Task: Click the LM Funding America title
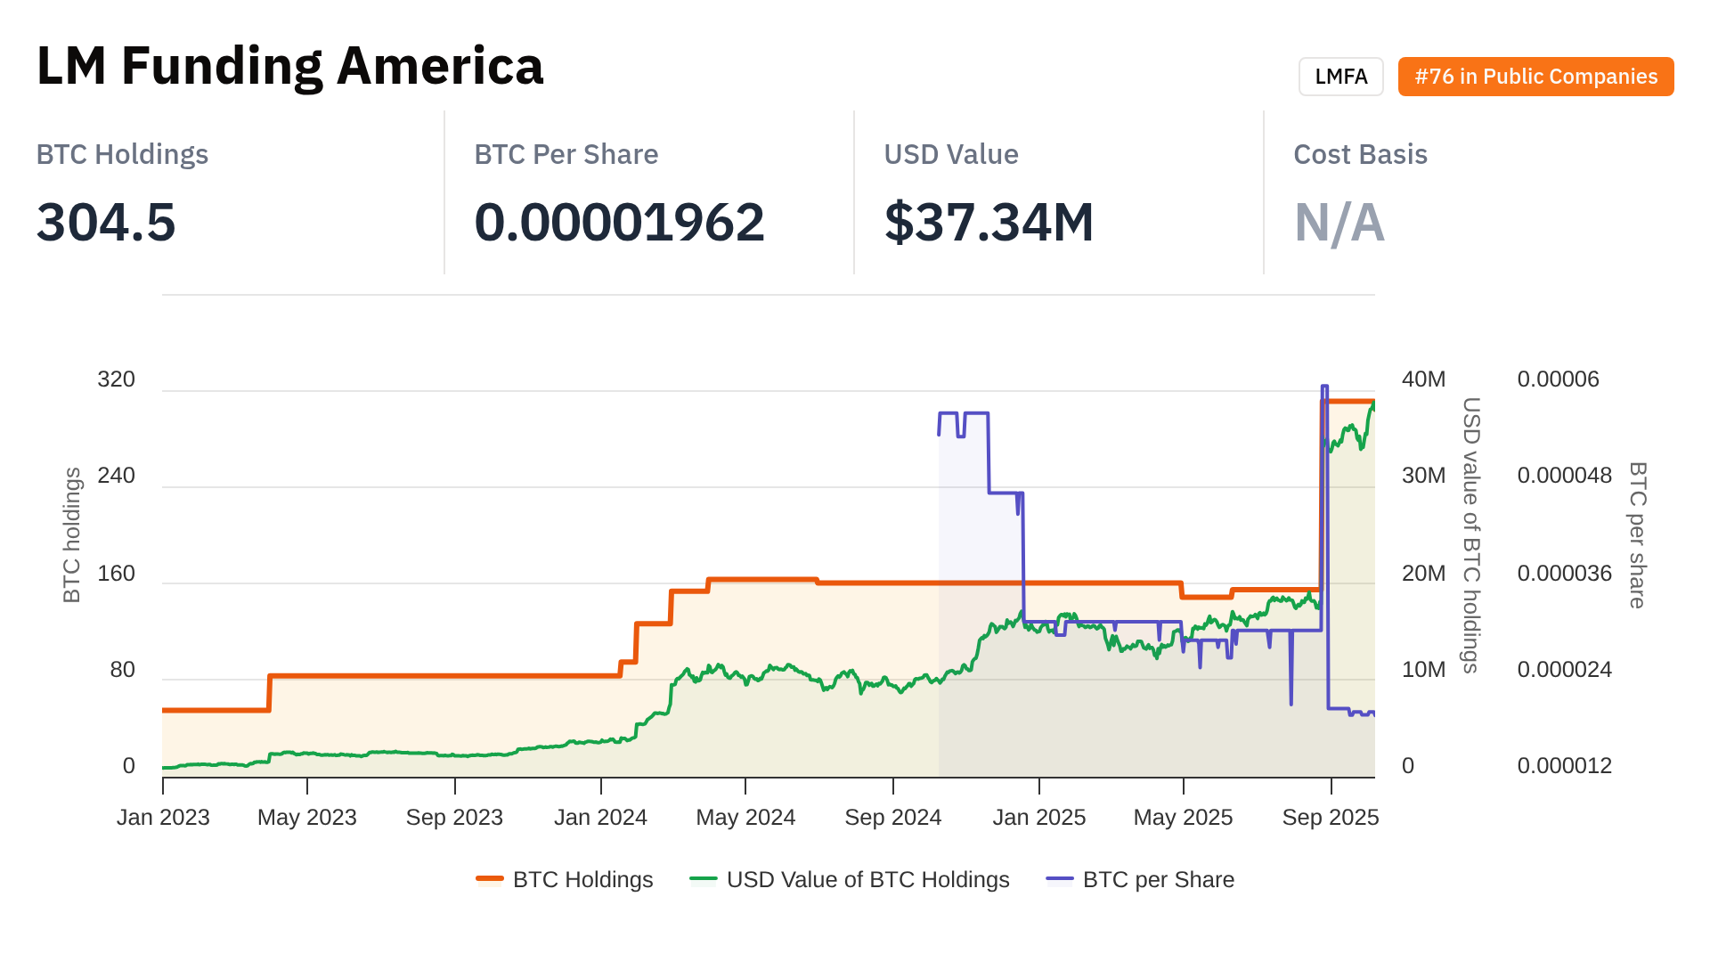pyautogui.click(x=289, y=67)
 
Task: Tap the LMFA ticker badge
pyautogui.click(x=1340, y=77)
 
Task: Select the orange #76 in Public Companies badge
pyautogui.click(x=1535, y=77)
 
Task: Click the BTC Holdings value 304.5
pyautogui.click(x=106, y=222)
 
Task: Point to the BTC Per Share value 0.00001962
pyautogui.click(x=619, y=222)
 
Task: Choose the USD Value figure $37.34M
pyautogui.click(x=989, y=222)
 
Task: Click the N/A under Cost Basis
pyautogui.click(x=1339, y=222)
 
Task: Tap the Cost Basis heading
pyautogui.click(x=1360, y=154)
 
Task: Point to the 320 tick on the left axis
pyautogui.click(x=116, y=379)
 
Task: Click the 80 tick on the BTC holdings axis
pyautogui.click(x=122, y=670)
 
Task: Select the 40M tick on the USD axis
pyautogui.click(x=1423, y=379)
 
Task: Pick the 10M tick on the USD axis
pyautogui.click(x=1423, y=670)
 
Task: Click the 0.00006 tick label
pyautogui.click(x=1558, y=379)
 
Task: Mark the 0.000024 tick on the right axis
pyautogui.click(x=1564, y=670)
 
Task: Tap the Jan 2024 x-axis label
pyautogui.click(x=600, y=818)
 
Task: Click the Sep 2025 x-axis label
pyautogui.click(x=1330, y=818)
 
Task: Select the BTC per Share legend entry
pyautogui.click(x=1141, y=880)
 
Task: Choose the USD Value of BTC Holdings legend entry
pyautogui.click(x=850, y=880)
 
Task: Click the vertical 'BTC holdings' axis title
pyautogui.click(x=72, y=535)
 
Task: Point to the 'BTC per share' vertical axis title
pyautogui.click(x=1637, y=535)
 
